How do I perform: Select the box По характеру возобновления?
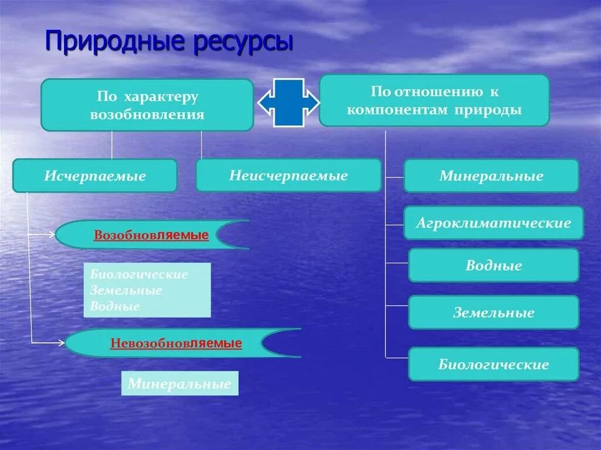(x=147, y=105)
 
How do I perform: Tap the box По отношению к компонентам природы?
(x=434, y=100)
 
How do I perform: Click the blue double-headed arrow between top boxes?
(x=289, y=103)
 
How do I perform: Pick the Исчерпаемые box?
(x=94, y=175)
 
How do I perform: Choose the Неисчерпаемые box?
(x=288, y=175)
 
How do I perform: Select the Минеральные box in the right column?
(x=491, y=176)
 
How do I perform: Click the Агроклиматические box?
(x=493, y=223)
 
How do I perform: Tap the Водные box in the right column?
(x=494, y=265)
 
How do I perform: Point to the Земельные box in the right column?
(x=494, y=312)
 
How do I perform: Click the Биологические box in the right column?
(x=494, y=364)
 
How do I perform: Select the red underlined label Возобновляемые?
(x=151, y=235)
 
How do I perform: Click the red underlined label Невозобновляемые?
(x=175, y=343)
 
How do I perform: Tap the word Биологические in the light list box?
(x=139, y=275)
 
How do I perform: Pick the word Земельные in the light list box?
(x=126, y=290)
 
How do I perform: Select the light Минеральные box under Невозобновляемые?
(x=180, y=384)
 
